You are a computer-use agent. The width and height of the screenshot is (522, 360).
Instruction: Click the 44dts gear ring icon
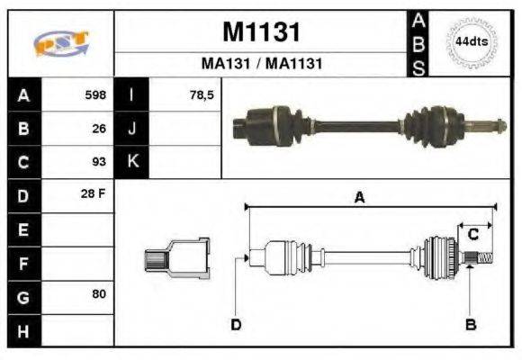[x=472, y=42]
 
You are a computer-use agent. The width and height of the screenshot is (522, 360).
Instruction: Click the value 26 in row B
[x=99, y=128]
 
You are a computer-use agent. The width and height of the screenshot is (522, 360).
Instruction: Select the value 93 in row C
[x=99, y=162]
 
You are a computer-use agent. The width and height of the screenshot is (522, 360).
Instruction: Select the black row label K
[x=132, y=162]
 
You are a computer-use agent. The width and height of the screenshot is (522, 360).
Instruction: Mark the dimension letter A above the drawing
[x=359, y=199]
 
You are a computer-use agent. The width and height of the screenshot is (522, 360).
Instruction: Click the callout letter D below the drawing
[x=236, y=324]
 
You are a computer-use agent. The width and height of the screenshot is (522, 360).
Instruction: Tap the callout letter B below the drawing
[x=470, y=324]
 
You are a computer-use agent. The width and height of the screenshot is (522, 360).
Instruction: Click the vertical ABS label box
[x=418, y=43]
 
